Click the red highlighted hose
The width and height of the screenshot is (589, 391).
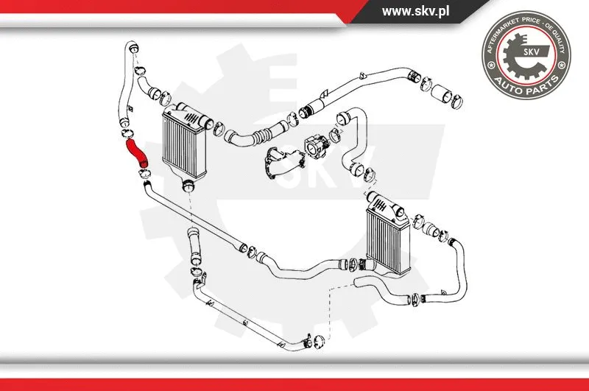coord(138,152)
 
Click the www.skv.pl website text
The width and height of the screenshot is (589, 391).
coord(415,11)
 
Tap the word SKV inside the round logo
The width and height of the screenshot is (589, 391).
coord(531,52)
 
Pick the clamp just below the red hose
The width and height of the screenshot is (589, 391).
coord(144,174)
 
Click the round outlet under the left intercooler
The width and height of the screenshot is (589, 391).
coord(189,185)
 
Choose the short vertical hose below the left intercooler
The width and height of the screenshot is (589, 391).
coord(194,246)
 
